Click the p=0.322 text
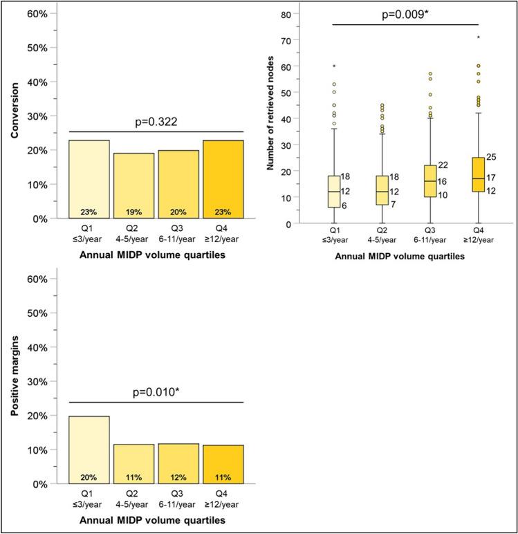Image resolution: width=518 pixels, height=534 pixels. point(157,122)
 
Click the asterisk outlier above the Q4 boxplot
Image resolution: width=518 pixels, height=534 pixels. point(468,38)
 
